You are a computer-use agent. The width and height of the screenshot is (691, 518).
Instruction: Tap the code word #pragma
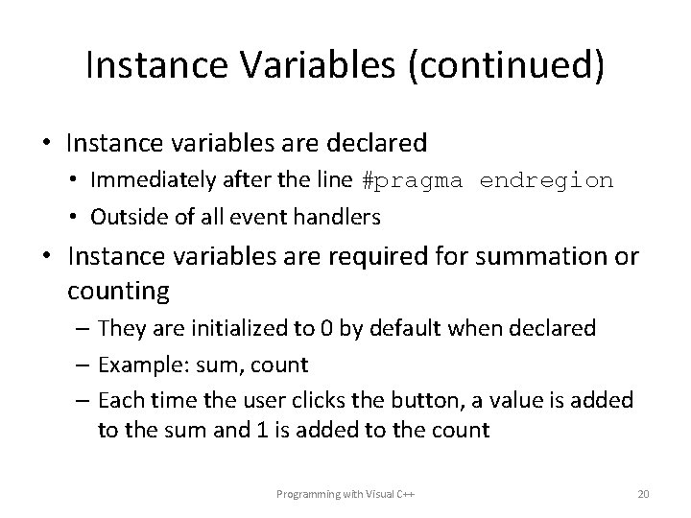pyautogui.click(x=405, y=180)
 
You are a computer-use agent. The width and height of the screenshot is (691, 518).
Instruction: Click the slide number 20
pyautogui.click(x=643, y=494)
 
